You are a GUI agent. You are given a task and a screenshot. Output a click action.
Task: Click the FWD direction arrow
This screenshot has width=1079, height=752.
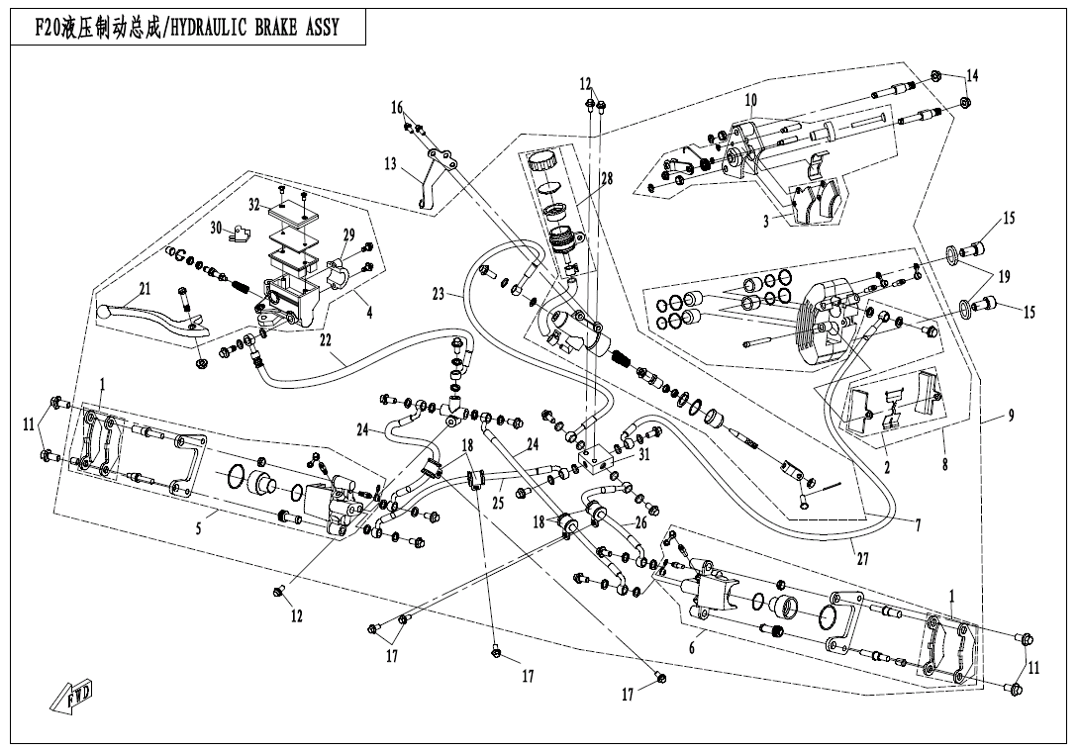click(x=70, y=700)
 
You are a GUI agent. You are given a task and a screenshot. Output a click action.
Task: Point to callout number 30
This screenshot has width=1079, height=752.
click(x=216, y=228)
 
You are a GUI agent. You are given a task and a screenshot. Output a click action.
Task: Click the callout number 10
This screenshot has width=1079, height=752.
click(x=751, y=100)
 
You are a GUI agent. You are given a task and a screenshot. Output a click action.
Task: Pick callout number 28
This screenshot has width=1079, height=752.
click(x=606, y=179)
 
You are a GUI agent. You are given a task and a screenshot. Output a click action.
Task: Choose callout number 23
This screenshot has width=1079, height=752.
click(x=439, y=294)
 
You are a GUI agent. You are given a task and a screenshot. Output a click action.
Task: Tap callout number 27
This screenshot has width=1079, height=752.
click(x=862, y=558)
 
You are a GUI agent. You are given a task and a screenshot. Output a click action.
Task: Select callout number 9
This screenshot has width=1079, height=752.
click(x=1011, y=416)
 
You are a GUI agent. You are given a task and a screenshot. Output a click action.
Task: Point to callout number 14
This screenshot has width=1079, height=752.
click(x=972, y=76)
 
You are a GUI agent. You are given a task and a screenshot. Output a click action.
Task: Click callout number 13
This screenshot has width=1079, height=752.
click(x=390, y=163)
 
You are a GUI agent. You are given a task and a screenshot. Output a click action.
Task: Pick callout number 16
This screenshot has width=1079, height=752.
click(x=397, y=107)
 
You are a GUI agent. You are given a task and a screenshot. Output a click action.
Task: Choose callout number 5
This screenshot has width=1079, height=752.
click(x=198, y=528)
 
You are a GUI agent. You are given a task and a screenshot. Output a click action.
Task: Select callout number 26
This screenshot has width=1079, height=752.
click(x=640, y=521)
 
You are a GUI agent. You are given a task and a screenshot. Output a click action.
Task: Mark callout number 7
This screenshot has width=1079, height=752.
click(x=918, y=525)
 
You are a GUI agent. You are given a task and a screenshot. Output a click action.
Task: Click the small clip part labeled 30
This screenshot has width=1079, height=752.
click(x=239, y=235)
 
